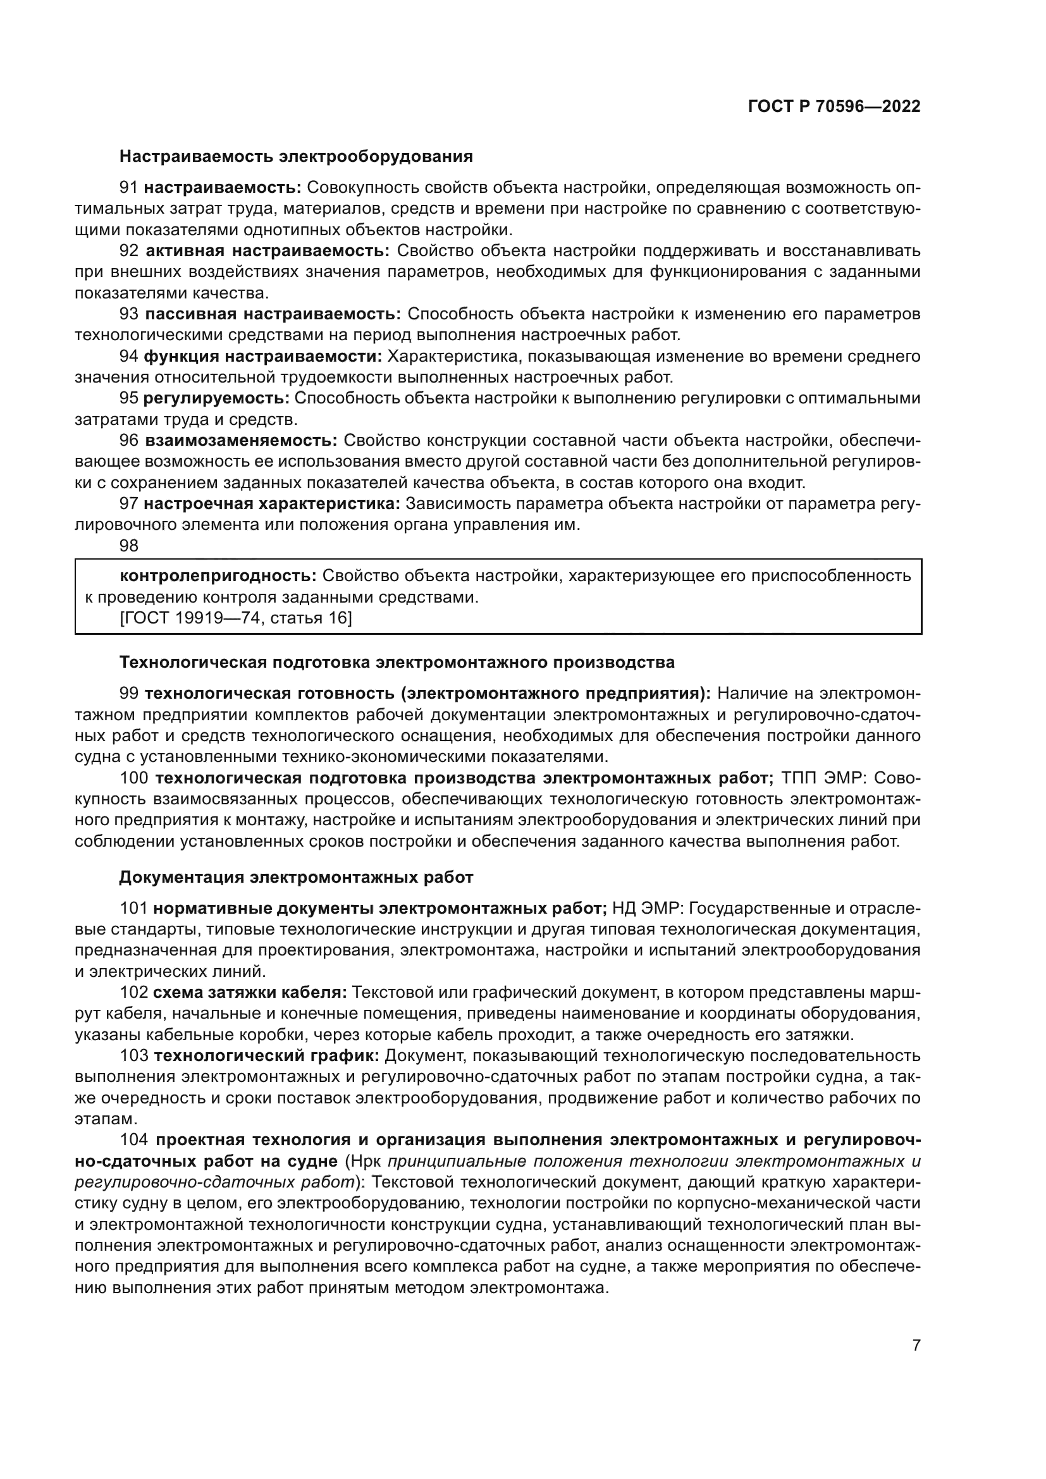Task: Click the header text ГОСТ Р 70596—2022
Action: point(834,107)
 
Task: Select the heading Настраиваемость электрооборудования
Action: point(295,157)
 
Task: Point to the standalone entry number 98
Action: point(129,546)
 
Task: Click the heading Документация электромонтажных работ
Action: point(295,878)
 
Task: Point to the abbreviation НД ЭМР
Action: point(648,909)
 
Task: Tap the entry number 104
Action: point(134,1140)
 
